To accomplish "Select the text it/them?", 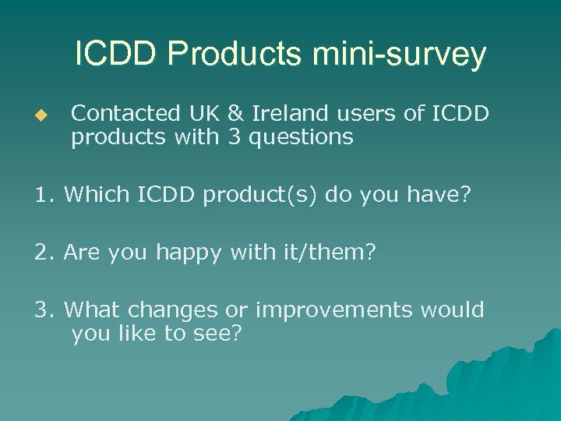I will coord(338,253).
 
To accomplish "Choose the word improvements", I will coord(335,310).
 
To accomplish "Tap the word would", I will coord(453,310).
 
